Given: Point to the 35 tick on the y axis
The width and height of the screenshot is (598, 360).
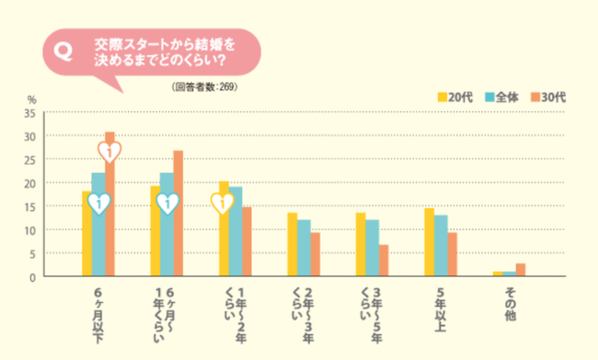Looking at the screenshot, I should [30, 113].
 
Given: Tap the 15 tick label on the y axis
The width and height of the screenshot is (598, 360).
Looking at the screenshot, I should [30, 207].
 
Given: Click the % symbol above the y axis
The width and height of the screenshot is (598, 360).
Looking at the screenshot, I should [31, 99].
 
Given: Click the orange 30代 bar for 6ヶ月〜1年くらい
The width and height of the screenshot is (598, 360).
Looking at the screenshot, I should [178, 214].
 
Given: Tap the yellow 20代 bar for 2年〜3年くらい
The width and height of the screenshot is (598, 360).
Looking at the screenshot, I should [292, 245].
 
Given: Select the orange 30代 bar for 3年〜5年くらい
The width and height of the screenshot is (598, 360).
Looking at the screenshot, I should [383, 261].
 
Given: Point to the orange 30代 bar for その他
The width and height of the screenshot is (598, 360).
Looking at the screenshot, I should [521, 270].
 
